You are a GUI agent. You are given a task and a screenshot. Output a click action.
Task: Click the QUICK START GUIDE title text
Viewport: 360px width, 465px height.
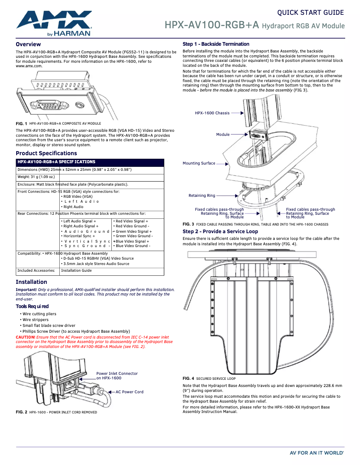(x=310, y=13)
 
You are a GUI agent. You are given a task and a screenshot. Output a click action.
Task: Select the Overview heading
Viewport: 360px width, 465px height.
(x=28, y=44)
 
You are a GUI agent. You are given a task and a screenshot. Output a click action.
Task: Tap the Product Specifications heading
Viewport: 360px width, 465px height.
(x=46, y=153)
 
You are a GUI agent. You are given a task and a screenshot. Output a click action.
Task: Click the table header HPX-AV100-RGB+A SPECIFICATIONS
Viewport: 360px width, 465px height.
(x=56, y=162)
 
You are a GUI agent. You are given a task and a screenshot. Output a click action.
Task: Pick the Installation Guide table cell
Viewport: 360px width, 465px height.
(x=76, y=270)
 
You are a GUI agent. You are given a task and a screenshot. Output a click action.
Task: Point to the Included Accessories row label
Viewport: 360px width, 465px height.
(x=36, y=270)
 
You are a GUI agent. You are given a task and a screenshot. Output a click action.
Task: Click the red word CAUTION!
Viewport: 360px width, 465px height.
(x=25, y=337)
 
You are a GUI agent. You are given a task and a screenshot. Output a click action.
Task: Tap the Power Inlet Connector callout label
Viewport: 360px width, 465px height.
(x=117, y=376)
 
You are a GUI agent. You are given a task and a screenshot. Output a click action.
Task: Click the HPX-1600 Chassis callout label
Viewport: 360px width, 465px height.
(x=212, y=113)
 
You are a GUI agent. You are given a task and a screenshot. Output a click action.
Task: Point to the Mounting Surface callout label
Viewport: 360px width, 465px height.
(x=199, y=163)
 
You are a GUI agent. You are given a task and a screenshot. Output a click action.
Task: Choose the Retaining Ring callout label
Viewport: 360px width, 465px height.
(x=202, y=196)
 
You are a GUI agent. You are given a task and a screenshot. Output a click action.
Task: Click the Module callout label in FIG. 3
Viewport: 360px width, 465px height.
(x=223, y=135)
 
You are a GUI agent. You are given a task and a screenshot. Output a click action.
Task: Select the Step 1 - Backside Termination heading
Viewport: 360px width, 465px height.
(x=215, y=44)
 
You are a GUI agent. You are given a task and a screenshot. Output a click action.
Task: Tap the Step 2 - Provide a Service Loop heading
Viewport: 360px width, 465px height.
(x=220, y=231)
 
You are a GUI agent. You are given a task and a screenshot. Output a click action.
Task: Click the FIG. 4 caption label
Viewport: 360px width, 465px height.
(x=188, y=378)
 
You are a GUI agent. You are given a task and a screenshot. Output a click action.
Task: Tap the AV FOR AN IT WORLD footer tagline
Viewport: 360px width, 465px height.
(x=317, y=453)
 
